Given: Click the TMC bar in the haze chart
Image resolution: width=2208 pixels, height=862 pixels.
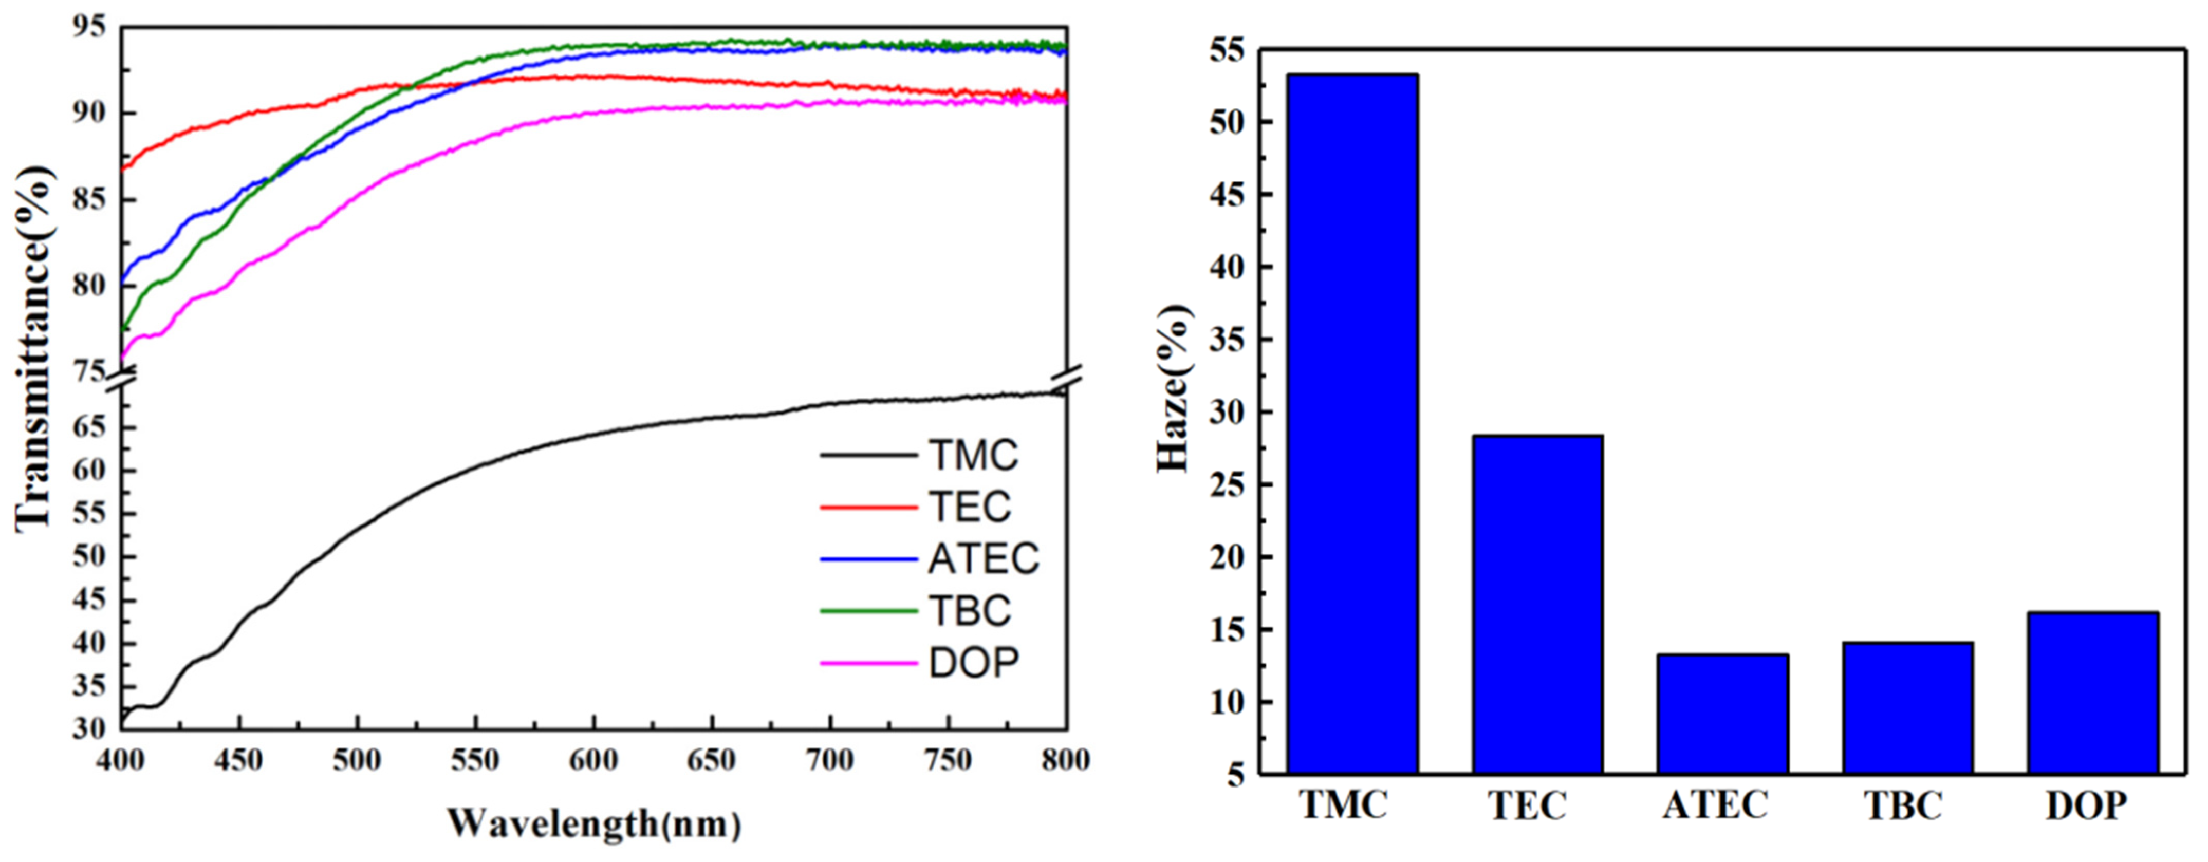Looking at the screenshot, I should tap(1352, 424).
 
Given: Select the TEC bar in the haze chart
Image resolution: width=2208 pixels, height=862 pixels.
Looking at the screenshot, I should tap(1538, 604).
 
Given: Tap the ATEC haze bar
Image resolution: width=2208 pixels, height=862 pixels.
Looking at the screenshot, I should tap(1723, 714).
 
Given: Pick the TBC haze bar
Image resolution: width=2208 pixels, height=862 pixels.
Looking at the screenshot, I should tap(1908, 708).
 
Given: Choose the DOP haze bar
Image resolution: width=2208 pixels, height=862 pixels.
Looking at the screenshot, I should tap(2093, 692).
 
